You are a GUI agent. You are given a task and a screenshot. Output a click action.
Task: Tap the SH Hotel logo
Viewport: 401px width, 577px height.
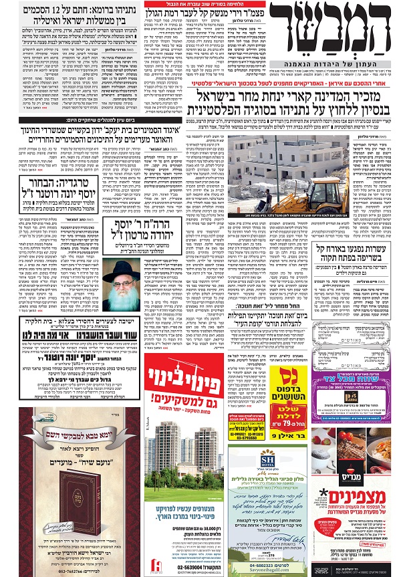(x=267, y=457)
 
